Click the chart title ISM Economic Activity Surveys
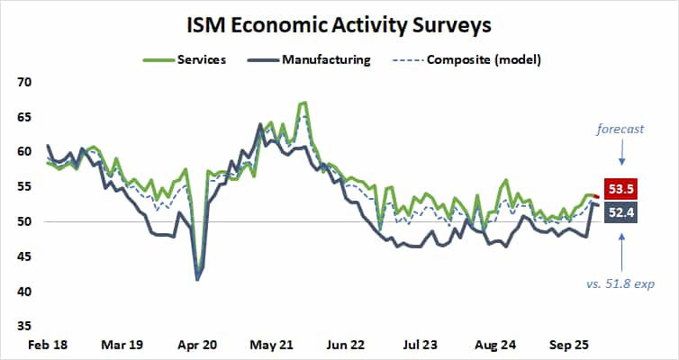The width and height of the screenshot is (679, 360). coord(339,21)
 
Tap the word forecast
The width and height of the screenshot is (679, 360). coord(620,129)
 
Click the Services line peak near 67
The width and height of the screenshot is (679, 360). coord(303,103)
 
